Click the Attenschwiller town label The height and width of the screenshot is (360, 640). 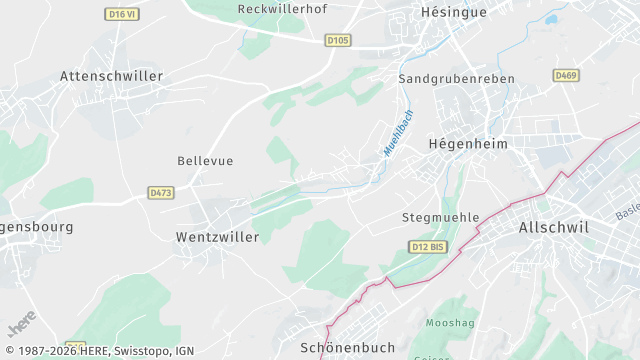(x=111, y=76)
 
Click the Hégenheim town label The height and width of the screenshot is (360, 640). (x=468, y=144)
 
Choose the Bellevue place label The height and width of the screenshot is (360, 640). (x=205, y=160)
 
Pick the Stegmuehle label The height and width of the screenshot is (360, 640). (x=441, y=217)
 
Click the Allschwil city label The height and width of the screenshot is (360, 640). (x=554, y=228)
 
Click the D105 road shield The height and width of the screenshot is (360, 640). (x=338, y=41)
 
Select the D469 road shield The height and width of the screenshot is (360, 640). (x=566, y=74)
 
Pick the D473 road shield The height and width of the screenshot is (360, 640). (x=160, y=191)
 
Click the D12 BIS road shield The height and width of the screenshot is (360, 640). (x=426, y=246)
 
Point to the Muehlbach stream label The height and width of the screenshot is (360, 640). (x=398, y=133)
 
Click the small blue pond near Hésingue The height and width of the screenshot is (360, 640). (x=551, y=18)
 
